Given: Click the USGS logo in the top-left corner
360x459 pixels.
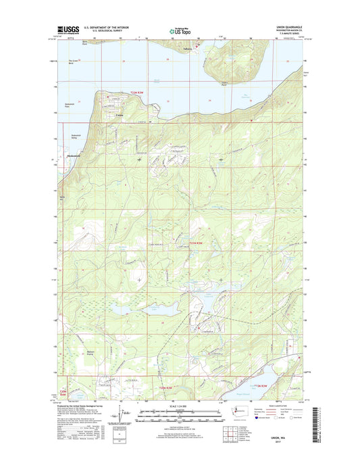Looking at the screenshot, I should click(68, 30).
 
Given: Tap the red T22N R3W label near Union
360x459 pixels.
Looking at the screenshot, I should click(139, 93).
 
